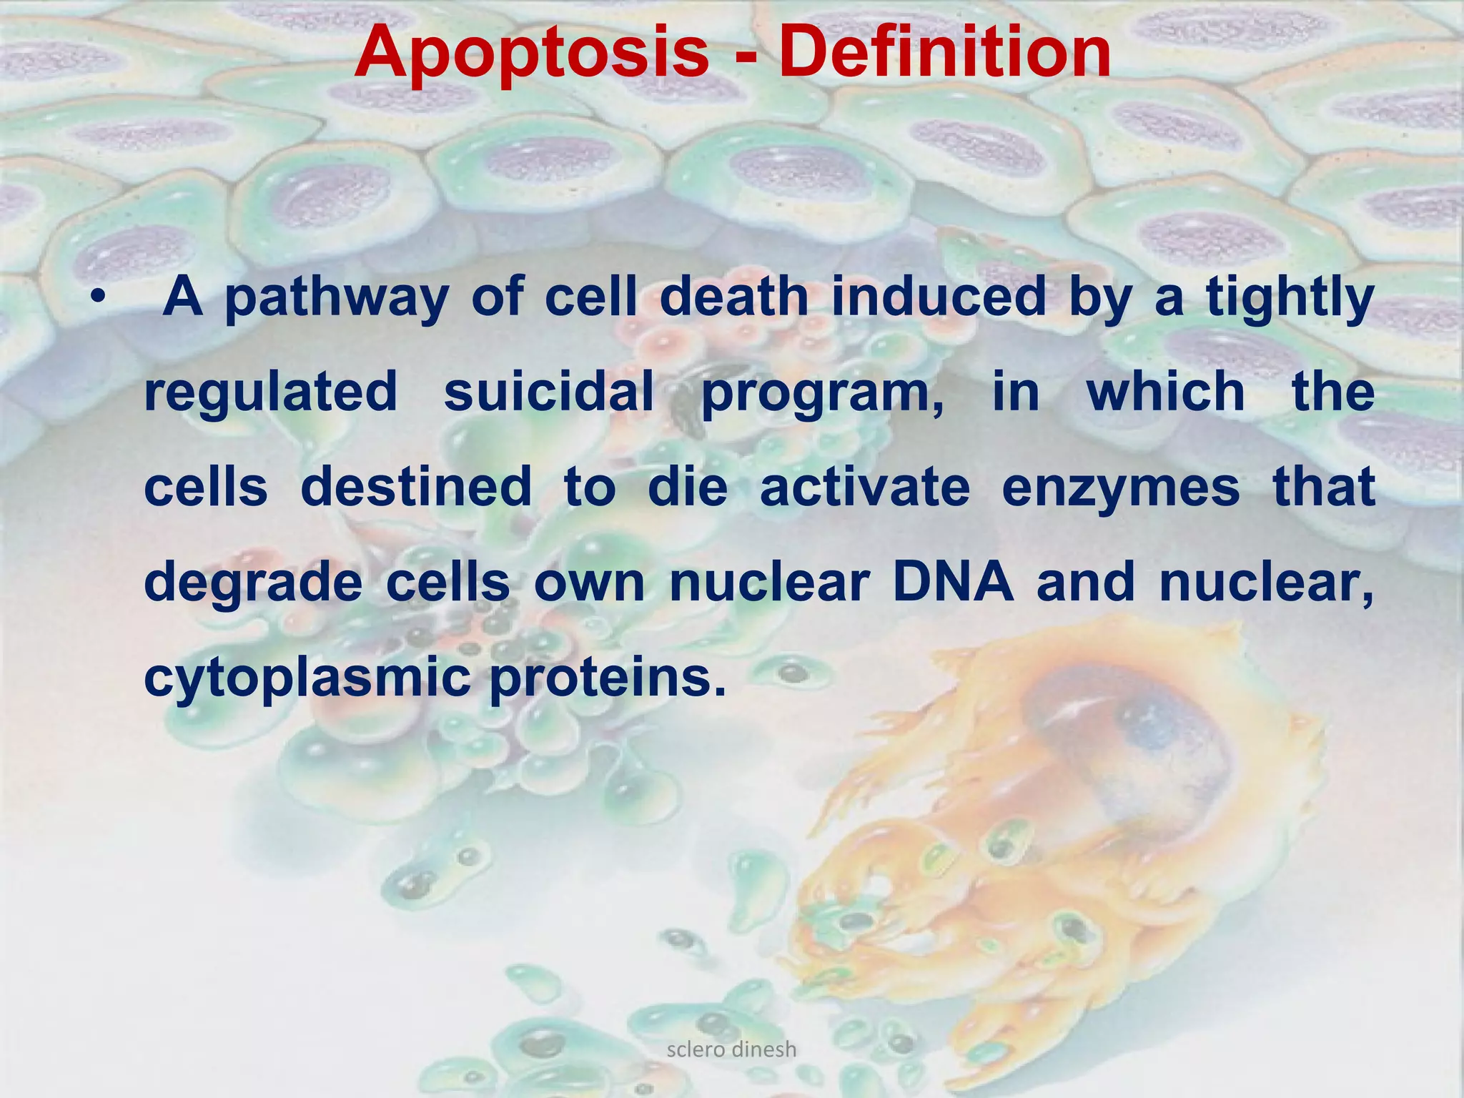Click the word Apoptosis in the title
click(x=530, y=54)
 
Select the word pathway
click(x=336, y=299)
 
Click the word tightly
click(x=1290, y=299)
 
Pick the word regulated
click(x=270, y=394)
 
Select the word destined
click(x=416, y=488)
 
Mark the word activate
click(x=865, y=488)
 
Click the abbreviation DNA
click(x=953, y=582)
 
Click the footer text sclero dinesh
click(x=731, y=1049)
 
